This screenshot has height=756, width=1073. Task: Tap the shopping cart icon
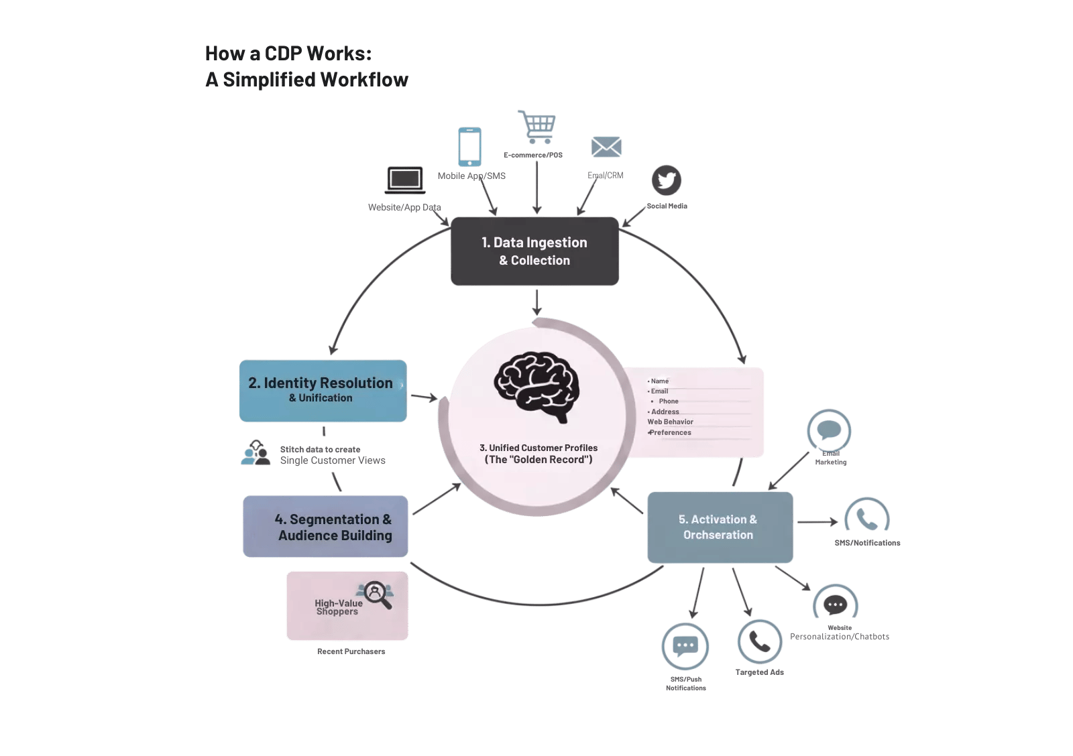[538, 127]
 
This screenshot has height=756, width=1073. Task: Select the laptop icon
[405, 180]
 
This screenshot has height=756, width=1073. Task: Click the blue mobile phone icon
[469, 147]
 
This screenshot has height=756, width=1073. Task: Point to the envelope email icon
[606, 147]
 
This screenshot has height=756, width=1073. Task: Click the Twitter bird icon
[667, 180]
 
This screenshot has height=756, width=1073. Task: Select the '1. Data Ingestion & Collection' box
[535, 251]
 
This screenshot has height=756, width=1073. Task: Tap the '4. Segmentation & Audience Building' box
[325, 527]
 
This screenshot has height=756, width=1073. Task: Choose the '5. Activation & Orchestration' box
[720, 527]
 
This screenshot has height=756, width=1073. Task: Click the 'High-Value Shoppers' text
[339, 607]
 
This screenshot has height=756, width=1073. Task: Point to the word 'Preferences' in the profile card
[671, 433]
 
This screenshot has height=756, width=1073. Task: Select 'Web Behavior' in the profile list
[671, 422]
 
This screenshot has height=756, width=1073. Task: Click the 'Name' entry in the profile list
[660, 381]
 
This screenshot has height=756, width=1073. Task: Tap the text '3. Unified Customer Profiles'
[539, 448]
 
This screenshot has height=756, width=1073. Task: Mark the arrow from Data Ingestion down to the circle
[536, 302]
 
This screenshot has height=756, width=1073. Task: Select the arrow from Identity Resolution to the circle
[424, 397]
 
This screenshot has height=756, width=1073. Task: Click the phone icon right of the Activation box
[867, 519]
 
